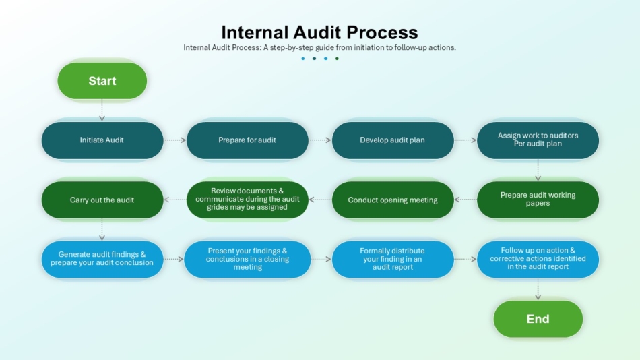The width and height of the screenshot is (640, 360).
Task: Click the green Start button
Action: tap(102, 80)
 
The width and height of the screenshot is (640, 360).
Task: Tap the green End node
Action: tap(538, 319)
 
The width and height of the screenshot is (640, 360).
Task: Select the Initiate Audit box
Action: tap(102, 140)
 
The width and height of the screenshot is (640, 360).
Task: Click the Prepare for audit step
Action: tap(247, 140)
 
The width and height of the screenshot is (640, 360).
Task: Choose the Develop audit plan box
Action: tap(393, 140)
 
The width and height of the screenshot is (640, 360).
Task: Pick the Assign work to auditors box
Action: tap(538, 140)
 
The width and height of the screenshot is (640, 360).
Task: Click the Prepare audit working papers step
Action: tap(538, 200)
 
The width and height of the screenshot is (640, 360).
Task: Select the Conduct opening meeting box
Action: tap(393, 200)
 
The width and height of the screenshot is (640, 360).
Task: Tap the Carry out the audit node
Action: tap(102, 200)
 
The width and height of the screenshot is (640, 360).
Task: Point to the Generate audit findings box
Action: tap(102, 259)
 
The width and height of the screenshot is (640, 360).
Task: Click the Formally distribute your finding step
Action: tap(393, 259)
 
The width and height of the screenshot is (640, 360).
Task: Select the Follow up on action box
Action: tap(538, 259)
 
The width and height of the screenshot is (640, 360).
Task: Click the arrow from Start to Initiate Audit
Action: tap(102, 110)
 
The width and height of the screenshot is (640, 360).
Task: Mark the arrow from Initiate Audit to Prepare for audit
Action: tap(174, 140)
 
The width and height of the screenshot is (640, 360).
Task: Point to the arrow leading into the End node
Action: tap(538, 289)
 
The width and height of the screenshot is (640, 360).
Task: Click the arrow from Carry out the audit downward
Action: tap(102, 229)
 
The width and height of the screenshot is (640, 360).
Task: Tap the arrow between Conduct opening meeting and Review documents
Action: tap(321, 200)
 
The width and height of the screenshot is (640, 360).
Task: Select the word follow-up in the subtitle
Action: tap(410, 47)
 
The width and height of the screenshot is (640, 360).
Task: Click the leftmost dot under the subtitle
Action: tap(303, 59)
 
